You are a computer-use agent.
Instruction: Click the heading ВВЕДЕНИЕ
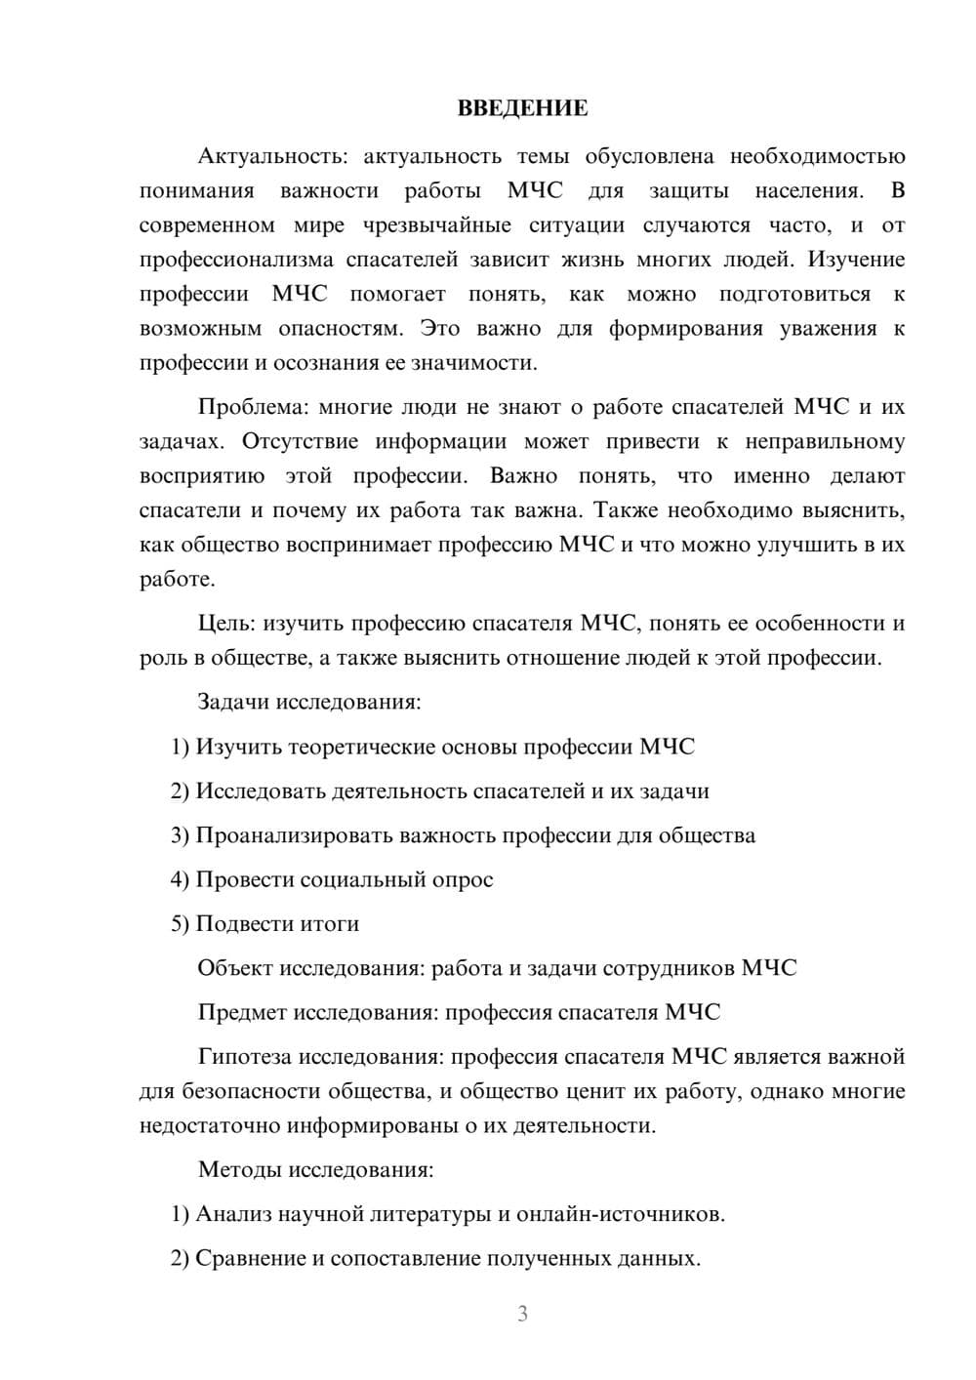[x=522, y=108]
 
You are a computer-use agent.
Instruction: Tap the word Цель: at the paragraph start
[x=225, y=623]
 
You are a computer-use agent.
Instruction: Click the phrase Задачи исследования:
[x=308, y=702]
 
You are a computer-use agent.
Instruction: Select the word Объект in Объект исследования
[x=235, y=968]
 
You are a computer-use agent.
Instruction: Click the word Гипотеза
[x=244, y=1056]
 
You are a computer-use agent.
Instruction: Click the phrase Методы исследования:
[x=315, y=1169]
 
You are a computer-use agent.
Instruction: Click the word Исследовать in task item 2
[x=261, y=791]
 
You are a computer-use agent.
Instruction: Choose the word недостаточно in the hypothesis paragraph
[x=209, y=1125]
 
